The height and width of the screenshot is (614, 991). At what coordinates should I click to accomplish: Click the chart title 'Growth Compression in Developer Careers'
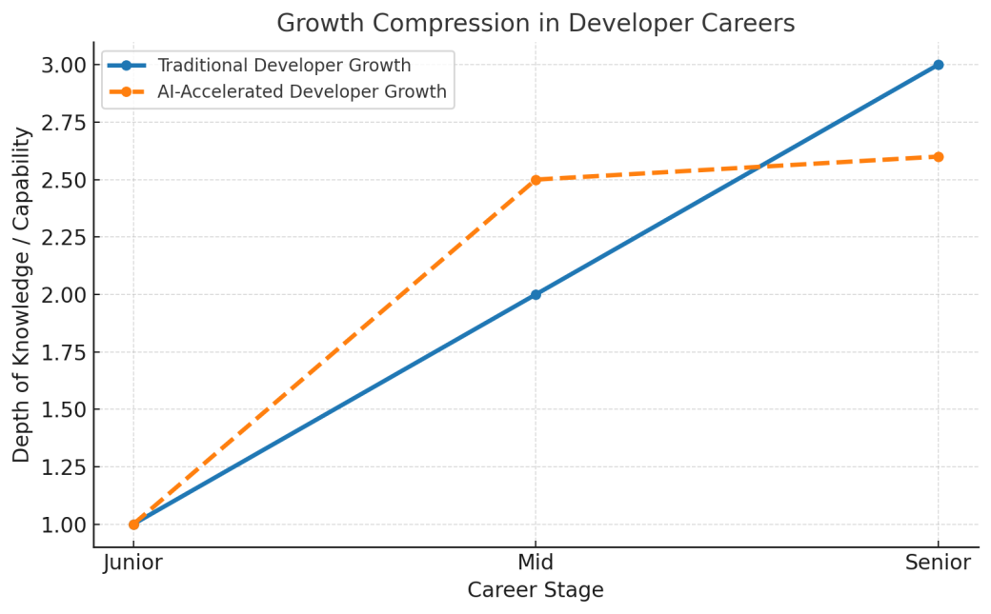point(536,23)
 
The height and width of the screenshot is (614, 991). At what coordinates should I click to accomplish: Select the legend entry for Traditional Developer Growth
point(284,66)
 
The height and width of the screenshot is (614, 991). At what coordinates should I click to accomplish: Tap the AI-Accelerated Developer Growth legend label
point(301,92)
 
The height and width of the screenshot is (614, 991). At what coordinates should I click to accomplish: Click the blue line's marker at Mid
point(536,294)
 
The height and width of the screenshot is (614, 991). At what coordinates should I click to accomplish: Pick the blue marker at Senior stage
point(938,65)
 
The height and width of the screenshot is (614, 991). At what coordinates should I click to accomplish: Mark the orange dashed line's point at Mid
point(536,180)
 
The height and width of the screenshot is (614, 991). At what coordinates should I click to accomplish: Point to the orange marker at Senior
point(938,156)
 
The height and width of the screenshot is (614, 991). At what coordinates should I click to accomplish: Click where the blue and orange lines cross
point(758,167)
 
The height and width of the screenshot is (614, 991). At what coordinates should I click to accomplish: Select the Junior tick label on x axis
point(133,563)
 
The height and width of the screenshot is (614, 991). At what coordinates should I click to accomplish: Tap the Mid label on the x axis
point(536,563)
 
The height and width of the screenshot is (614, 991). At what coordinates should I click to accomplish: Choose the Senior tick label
point(938,563)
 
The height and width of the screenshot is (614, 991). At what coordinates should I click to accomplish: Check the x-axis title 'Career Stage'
point(536,590)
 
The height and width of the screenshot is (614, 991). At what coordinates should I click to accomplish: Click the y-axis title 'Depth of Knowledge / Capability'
point(22,294)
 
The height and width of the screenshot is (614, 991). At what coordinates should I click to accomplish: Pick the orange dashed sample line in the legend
point(126,92)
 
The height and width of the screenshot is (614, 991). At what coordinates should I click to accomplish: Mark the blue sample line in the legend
point(126,66)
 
